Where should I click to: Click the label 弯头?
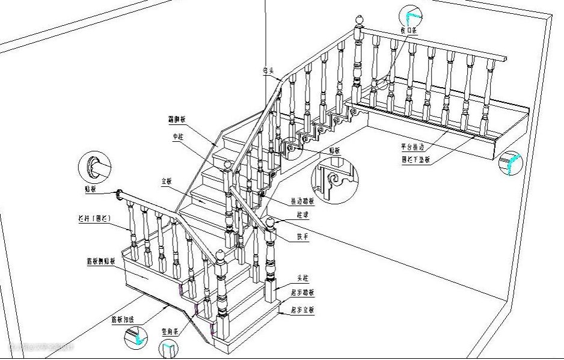pyautogui.click(x=268, y=70)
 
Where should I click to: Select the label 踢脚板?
pyautogui.click(x=176, y=120)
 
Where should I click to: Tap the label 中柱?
pyautogui.click(x=178, y=137)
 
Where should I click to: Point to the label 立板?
pyautogui.click(x=166, y=181)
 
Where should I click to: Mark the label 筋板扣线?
pyautogui.click(x=122, y=319)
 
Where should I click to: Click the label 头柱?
pyautogui.click(x=302, y=279)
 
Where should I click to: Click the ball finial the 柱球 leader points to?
pyautogui.click(x=270, y=224)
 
